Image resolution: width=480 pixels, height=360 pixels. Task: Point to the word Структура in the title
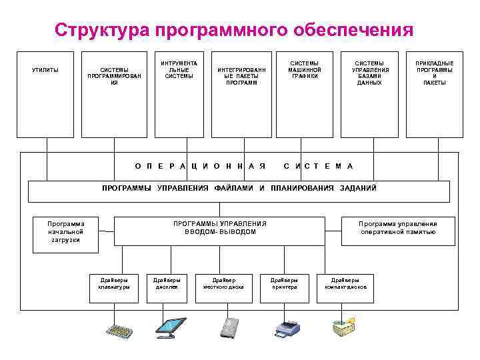tap(101, 30)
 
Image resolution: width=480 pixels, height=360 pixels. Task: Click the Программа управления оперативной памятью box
tap(397, 228)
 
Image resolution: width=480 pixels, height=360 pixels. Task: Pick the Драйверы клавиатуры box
tap(113, 283)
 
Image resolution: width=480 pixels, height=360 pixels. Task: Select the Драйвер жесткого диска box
tap(223, 283)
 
